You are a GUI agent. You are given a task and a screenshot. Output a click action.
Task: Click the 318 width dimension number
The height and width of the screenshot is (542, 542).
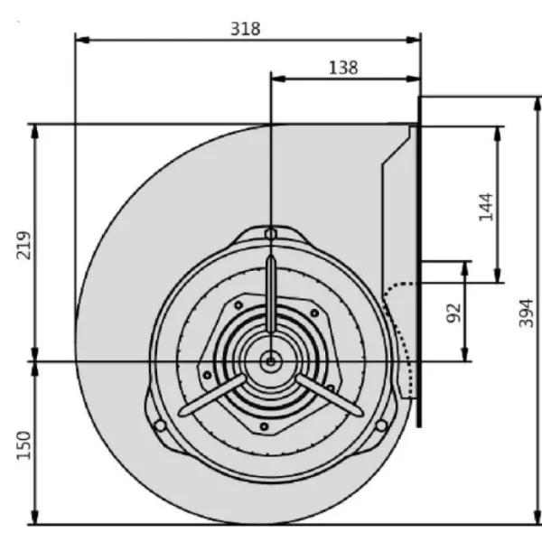click(x=245, y=28)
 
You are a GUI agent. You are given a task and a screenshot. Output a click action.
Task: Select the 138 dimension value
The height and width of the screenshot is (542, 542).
click(x=344, y=67)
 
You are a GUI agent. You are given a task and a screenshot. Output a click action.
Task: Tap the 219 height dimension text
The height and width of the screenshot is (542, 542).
click(x=24, y=245)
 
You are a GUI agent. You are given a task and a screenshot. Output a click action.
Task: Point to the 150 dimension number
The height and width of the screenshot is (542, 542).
click(x=24, y=446)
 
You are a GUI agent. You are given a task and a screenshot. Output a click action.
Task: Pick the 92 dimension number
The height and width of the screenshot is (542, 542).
click(x=453, y=313)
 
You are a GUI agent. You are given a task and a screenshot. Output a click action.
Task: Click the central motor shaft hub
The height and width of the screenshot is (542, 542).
click(x=270, y=361)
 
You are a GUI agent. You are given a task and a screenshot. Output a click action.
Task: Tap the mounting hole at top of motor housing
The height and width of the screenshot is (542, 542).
click(x=270, y=235)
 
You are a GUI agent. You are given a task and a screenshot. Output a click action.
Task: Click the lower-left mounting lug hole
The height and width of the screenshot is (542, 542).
click(x=159, y=425)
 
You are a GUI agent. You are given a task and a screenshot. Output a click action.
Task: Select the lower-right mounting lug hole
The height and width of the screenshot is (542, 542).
click(x=381, y=425)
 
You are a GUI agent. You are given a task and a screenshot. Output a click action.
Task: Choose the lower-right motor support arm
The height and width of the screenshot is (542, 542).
click(x=331, y=397)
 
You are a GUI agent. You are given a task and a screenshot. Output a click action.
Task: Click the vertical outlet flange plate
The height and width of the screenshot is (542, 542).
click(x=419, y=262)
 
